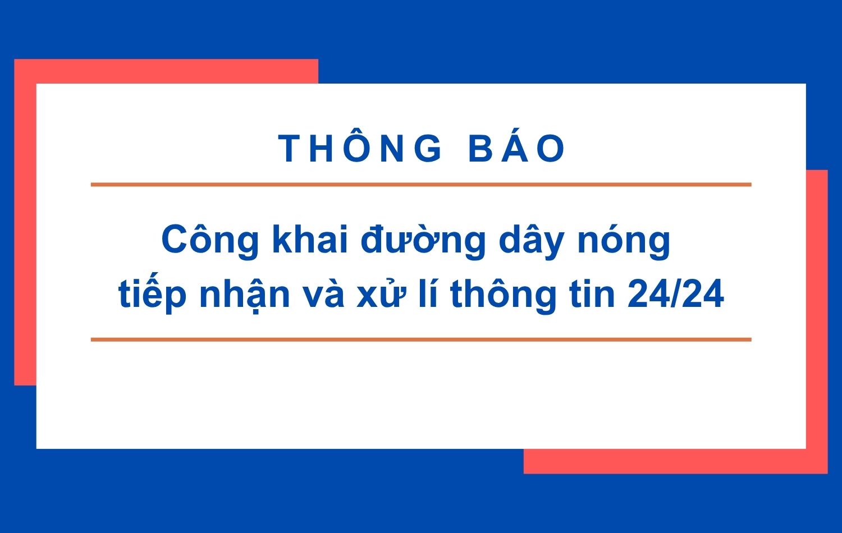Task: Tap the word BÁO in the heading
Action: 517,149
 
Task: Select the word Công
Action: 210,240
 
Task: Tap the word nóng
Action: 624,240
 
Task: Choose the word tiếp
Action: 152,294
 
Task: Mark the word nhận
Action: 245,294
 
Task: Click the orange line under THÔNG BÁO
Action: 421,185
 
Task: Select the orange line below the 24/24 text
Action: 421,339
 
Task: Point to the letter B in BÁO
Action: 479,149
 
